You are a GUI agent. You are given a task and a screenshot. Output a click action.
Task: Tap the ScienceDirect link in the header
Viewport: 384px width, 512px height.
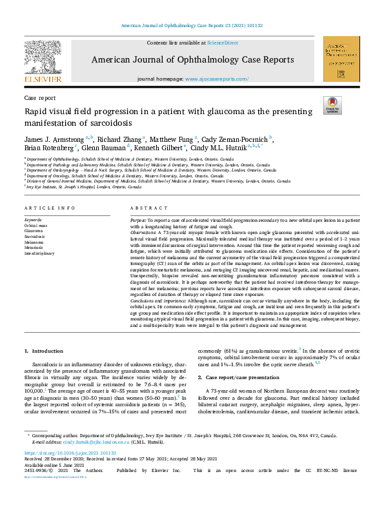(222, 43)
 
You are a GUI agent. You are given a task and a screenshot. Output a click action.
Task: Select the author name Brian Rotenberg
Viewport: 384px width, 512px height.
(49, 148)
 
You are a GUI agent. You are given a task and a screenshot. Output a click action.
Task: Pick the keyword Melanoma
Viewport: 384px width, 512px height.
(35, 242)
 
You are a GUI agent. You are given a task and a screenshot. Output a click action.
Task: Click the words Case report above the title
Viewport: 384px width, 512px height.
(40, 97)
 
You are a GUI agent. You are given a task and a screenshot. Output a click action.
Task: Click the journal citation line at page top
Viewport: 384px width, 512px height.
(192, 26)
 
